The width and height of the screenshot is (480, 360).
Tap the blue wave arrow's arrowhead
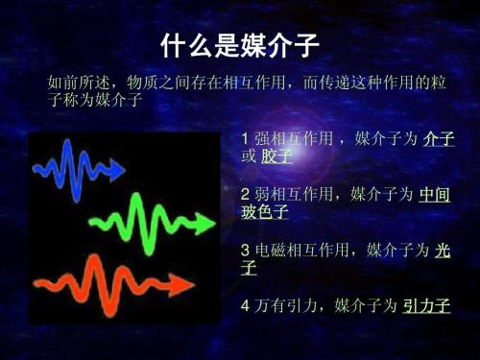tap(118, 172)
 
